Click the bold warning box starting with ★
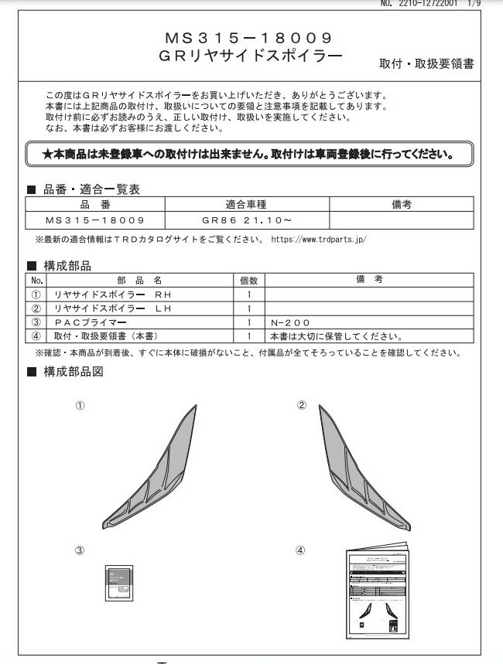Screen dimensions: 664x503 249,154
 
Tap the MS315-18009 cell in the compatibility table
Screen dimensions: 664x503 95,220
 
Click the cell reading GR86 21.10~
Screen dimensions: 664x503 247,220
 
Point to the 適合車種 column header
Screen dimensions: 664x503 247,206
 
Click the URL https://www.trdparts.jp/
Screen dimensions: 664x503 319,239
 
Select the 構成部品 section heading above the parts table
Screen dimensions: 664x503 67,266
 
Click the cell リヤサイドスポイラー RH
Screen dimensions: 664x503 108,295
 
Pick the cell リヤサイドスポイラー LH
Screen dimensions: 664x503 108,308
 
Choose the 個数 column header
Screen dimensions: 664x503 248,281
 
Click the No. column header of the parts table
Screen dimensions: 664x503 36,281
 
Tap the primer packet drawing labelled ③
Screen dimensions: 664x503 115,582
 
